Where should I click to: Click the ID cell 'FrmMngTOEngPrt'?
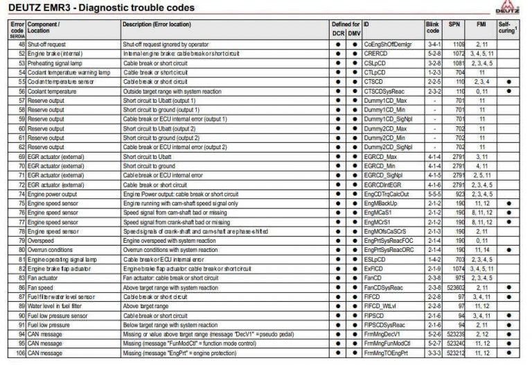point(387,354)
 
